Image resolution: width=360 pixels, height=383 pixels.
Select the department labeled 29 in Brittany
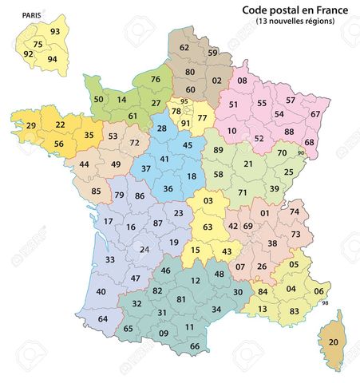pos(31,126)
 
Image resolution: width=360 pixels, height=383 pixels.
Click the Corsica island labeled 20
pos(334,342)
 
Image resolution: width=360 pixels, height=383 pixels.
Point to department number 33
pos(109,259)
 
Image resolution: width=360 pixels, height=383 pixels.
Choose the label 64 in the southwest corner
pos(103,319)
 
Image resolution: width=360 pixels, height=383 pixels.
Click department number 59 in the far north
pos(212,53)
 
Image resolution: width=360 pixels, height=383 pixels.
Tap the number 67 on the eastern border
pos(315,114)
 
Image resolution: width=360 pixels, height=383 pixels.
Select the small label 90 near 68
pos(301,153)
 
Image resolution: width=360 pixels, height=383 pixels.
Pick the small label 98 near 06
pos(325,302)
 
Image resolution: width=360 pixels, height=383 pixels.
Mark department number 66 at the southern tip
pos(196,345)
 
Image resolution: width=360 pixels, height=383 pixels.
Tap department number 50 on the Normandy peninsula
pos(99,100)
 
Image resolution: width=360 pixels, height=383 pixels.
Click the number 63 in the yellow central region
pos(207,227)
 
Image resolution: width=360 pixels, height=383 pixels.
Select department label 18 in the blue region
pos(192,176)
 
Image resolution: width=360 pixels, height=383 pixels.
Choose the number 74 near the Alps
pos(295,211)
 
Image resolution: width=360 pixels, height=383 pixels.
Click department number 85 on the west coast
pos(97,191)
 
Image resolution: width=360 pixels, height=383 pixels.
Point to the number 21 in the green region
pos(248,164)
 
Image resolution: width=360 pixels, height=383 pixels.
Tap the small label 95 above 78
pos(184,101)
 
